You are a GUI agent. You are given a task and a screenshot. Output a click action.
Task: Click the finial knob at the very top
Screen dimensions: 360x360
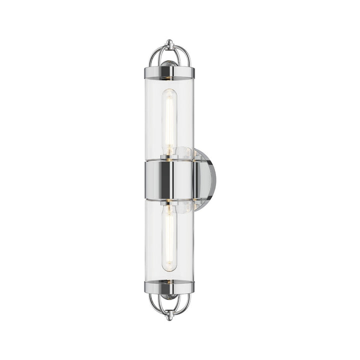pos(169,43)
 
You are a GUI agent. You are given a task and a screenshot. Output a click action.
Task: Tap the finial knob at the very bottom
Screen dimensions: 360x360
pos(170,316)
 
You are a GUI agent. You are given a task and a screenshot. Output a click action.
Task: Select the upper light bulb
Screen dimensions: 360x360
pos(170,120)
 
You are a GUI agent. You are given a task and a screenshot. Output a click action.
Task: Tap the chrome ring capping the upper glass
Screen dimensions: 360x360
pos(169,73)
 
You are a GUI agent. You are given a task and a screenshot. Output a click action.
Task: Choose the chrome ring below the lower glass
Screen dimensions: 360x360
pos(169,286)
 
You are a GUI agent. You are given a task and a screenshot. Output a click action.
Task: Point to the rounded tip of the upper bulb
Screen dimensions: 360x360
pos(170,92)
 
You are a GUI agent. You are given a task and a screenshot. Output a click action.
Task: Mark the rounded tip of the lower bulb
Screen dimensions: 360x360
pos(170,268)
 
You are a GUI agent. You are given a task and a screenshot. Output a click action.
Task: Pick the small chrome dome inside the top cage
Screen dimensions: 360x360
pos(170,63)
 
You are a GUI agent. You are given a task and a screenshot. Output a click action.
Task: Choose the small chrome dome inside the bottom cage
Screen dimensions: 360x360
pos(170,296)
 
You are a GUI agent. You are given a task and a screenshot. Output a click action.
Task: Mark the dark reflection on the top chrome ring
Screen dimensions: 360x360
pos(161,73)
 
